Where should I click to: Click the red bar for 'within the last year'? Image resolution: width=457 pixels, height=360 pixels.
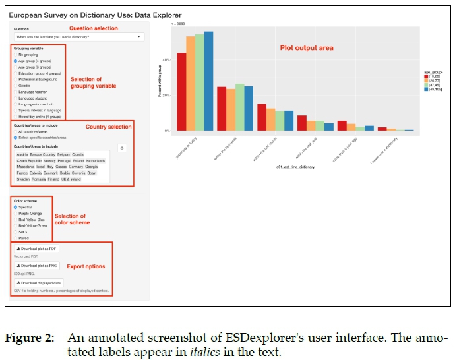[x=302, y=123]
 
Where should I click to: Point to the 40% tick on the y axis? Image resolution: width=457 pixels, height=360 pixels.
[x=167, y=60]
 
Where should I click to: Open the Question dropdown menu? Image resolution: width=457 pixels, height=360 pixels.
[x=78, y=36]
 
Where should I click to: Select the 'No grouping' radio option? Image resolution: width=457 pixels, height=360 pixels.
[x=15, y=54]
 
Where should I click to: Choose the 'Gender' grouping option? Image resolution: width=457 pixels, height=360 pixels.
[x=15, y=84]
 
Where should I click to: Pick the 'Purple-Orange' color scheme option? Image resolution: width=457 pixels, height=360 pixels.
[x=15, y=213]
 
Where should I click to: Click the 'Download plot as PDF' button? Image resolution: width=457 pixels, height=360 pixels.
[x=38, y=248]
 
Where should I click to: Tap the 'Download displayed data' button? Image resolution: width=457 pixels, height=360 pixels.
[x=41, y=282]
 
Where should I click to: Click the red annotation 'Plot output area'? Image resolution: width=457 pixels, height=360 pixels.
[x=307, y=48]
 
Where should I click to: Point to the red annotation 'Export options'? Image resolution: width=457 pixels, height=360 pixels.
[x=86, y=266]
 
